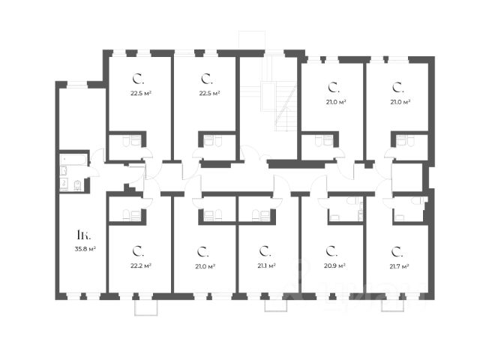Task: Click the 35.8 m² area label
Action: coord(83,248)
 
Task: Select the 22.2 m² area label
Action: coord(140,265)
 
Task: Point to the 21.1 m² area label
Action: coord(266,265)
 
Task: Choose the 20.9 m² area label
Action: coord(334,265)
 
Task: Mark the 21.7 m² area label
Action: coord(399,265)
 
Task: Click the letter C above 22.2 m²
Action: coord(138,250)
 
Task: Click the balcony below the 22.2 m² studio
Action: coord(145,306)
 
